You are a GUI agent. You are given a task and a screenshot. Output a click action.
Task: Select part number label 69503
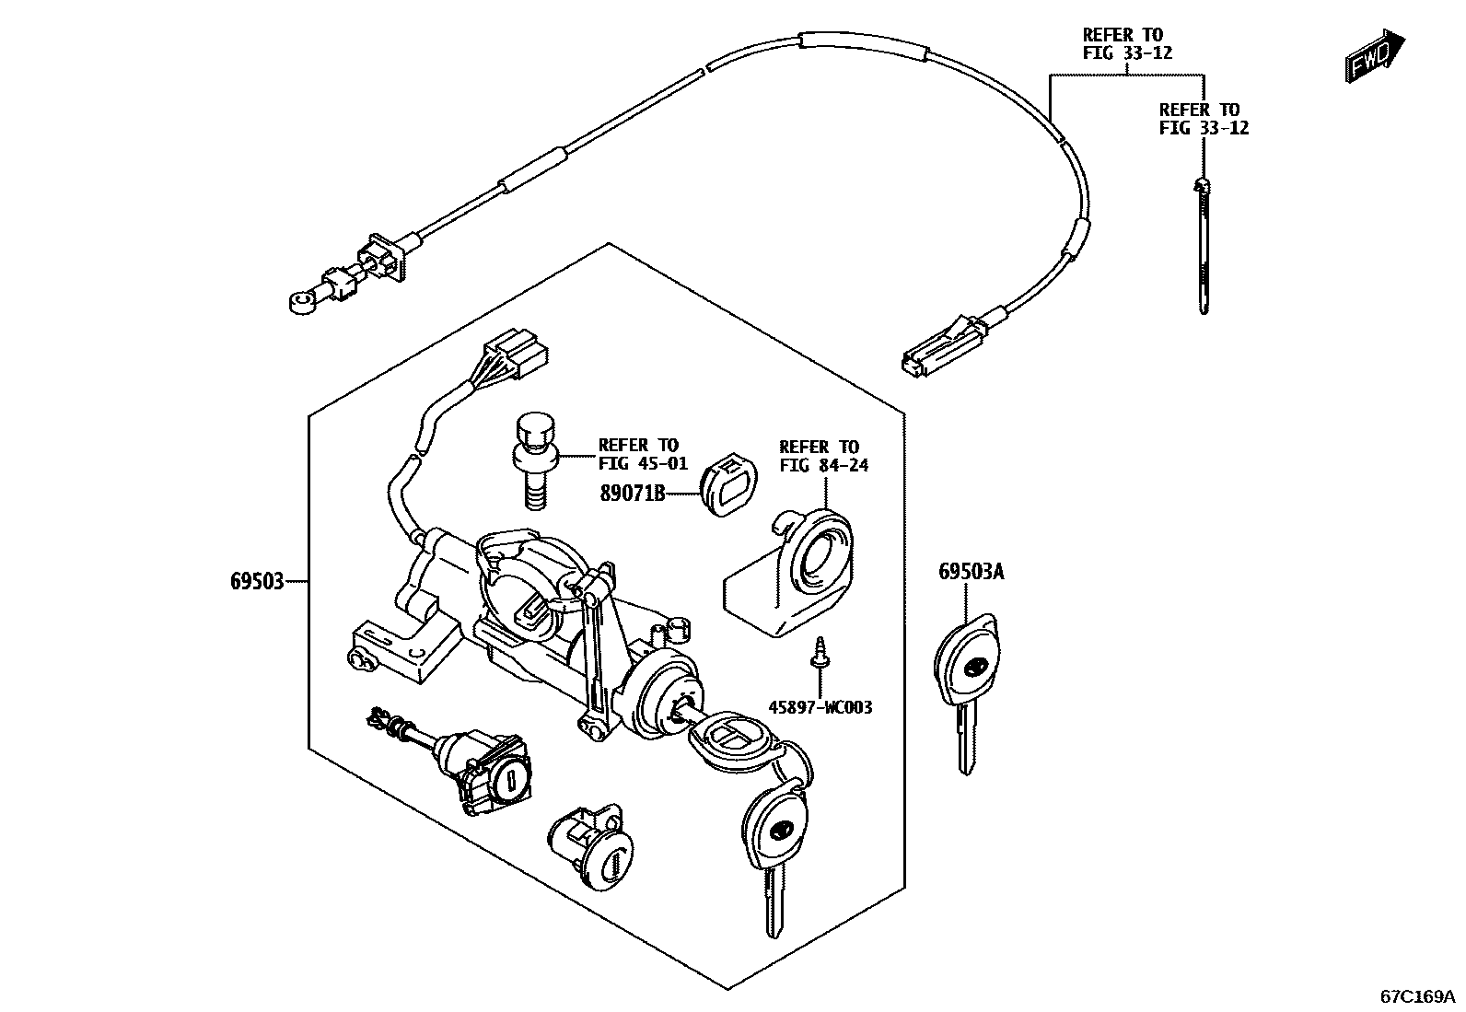[257, 581]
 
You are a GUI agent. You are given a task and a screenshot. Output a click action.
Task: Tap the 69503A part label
[971, 572]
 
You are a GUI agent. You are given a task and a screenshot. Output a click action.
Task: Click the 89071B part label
[632, 494]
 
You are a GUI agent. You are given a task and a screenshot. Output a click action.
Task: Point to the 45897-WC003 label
[820, 707]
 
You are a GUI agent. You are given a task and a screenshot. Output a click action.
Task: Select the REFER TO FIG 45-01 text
[637, 454]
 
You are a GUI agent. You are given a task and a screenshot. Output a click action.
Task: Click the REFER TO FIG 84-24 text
[822, 456]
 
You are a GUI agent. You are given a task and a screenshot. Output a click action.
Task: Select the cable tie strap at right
[1203, 244]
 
